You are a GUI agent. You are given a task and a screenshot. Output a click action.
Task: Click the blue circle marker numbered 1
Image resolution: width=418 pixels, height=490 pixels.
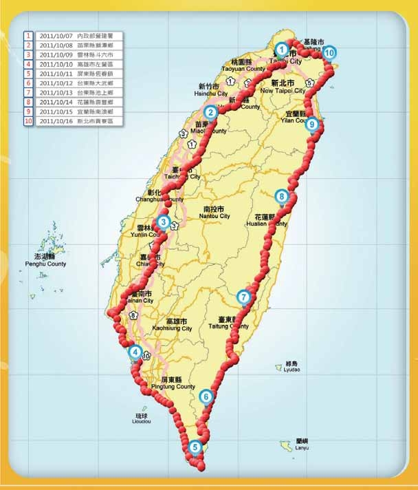(282, 50)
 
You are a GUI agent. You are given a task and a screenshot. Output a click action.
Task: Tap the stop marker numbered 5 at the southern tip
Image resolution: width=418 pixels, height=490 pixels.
(196, 447)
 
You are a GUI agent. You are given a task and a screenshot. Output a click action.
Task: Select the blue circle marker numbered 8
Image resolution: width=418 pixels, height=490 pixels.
(281, 197)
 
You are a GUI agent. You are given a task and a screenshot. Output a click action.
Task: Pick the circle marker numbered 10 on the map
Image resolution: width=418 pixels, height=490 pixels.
(329, 52)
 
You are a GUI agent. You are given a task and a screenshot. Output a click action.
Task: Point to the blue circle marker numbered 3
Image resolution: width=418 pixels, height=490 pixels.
(163, 222)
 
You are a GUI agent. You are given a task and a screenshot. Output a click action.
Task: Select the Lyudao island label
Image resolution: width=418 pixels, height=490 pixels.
(294, 370)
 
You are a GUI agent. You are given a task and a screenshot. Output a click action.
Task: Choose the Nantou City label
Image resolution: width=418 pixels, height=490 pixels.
(216, 216)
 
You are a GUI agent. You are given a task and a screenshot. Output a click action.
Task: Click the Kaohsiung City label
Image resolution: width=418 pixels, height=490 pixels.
(172, 328)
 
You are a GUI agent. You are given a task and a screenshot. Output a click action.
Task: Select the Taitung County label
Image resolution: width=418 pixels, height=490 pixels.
(227, 327)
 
